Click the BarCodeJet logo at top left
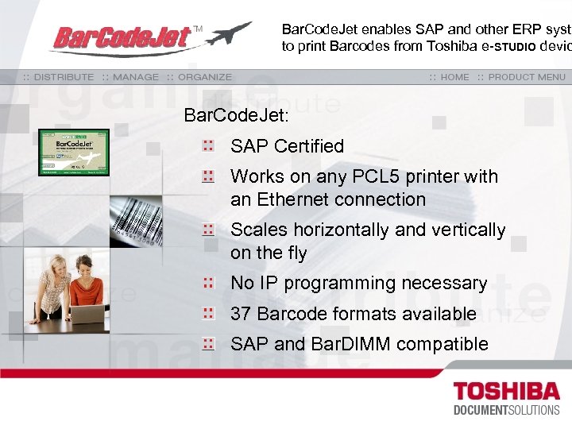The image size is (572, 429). [x=123, y=37]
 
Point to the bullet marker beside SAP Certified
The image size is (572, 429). [x=208, y=145]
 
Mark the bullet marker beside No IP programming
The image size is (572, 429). [x=208, y=282]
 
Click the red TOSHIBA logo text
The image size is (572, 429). [x=505, y=392]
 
